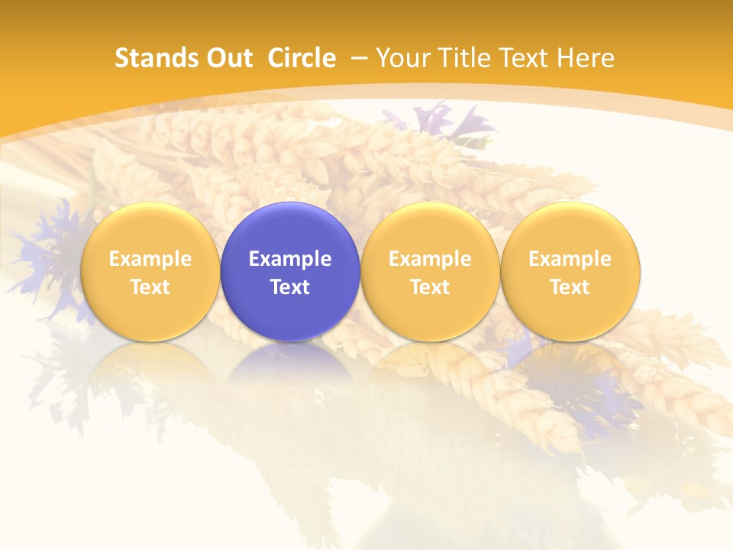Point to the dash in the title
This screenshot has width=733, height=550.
click(x=358, y=58)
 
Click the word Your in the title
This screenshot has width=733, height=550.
click(x=401, y=58)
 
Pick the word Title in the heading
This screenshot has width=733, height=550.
click(x=461, y=58)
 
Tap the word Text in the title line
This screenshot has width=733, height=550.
click(x=523, y=58)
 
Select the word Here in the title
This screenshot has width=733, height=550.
click(x=586, y=58)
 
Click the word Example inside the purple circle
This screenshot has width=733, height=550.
click(x=290, y=259)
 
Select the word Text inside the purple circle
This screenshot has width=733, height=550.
click(x=290, y=287)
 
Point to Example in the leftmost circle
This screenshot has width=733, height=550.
click(x=150, y=259)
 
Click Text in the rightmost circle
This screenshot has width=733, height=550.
click(x=570, y=287)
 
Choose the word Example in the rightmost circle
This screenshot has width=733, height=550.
click(x=570, y=259)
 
